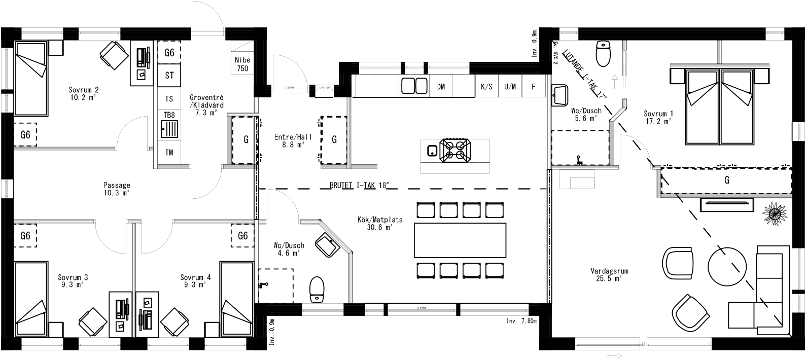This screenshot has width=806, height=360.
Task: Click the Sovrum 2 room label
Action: pos(83,94)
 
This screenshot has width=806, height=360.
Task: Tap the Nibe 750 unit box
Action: pos(242,64)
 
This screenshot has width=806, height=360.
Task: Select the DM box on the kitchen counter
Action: pos(441,87)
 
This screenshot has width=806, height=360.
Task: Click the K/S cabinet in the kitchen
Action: pos(486,87)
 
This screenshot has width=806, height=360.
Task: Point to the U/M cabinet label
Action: pos(510,87)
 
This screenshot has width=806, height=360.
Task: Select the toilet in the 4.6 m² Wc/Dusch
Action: pos(317,289)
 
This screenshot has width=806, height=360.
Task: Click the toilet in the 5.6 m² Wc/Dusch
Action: pos(602,54)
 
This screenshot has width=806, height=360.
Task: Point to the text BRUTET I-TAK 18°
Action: pos(358,186)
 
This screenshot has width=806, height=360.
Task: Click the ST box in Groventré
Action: pos(169,76)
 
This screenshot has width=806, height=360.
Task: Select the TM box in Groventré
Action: pos(169,152)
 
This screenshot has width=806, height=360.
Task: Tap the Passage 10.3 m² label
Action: pos(117,189)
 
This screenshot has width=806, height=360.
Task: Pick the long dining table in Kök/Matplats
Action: pos(460,241)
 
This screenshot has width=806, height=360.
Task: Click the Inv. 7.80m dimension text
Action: pos(521,321)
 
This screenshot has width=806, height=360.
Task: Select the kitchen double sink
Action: pos(415,86)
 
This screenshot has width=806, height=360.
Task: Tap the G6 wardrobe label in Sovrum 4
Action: pos(243,236)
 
